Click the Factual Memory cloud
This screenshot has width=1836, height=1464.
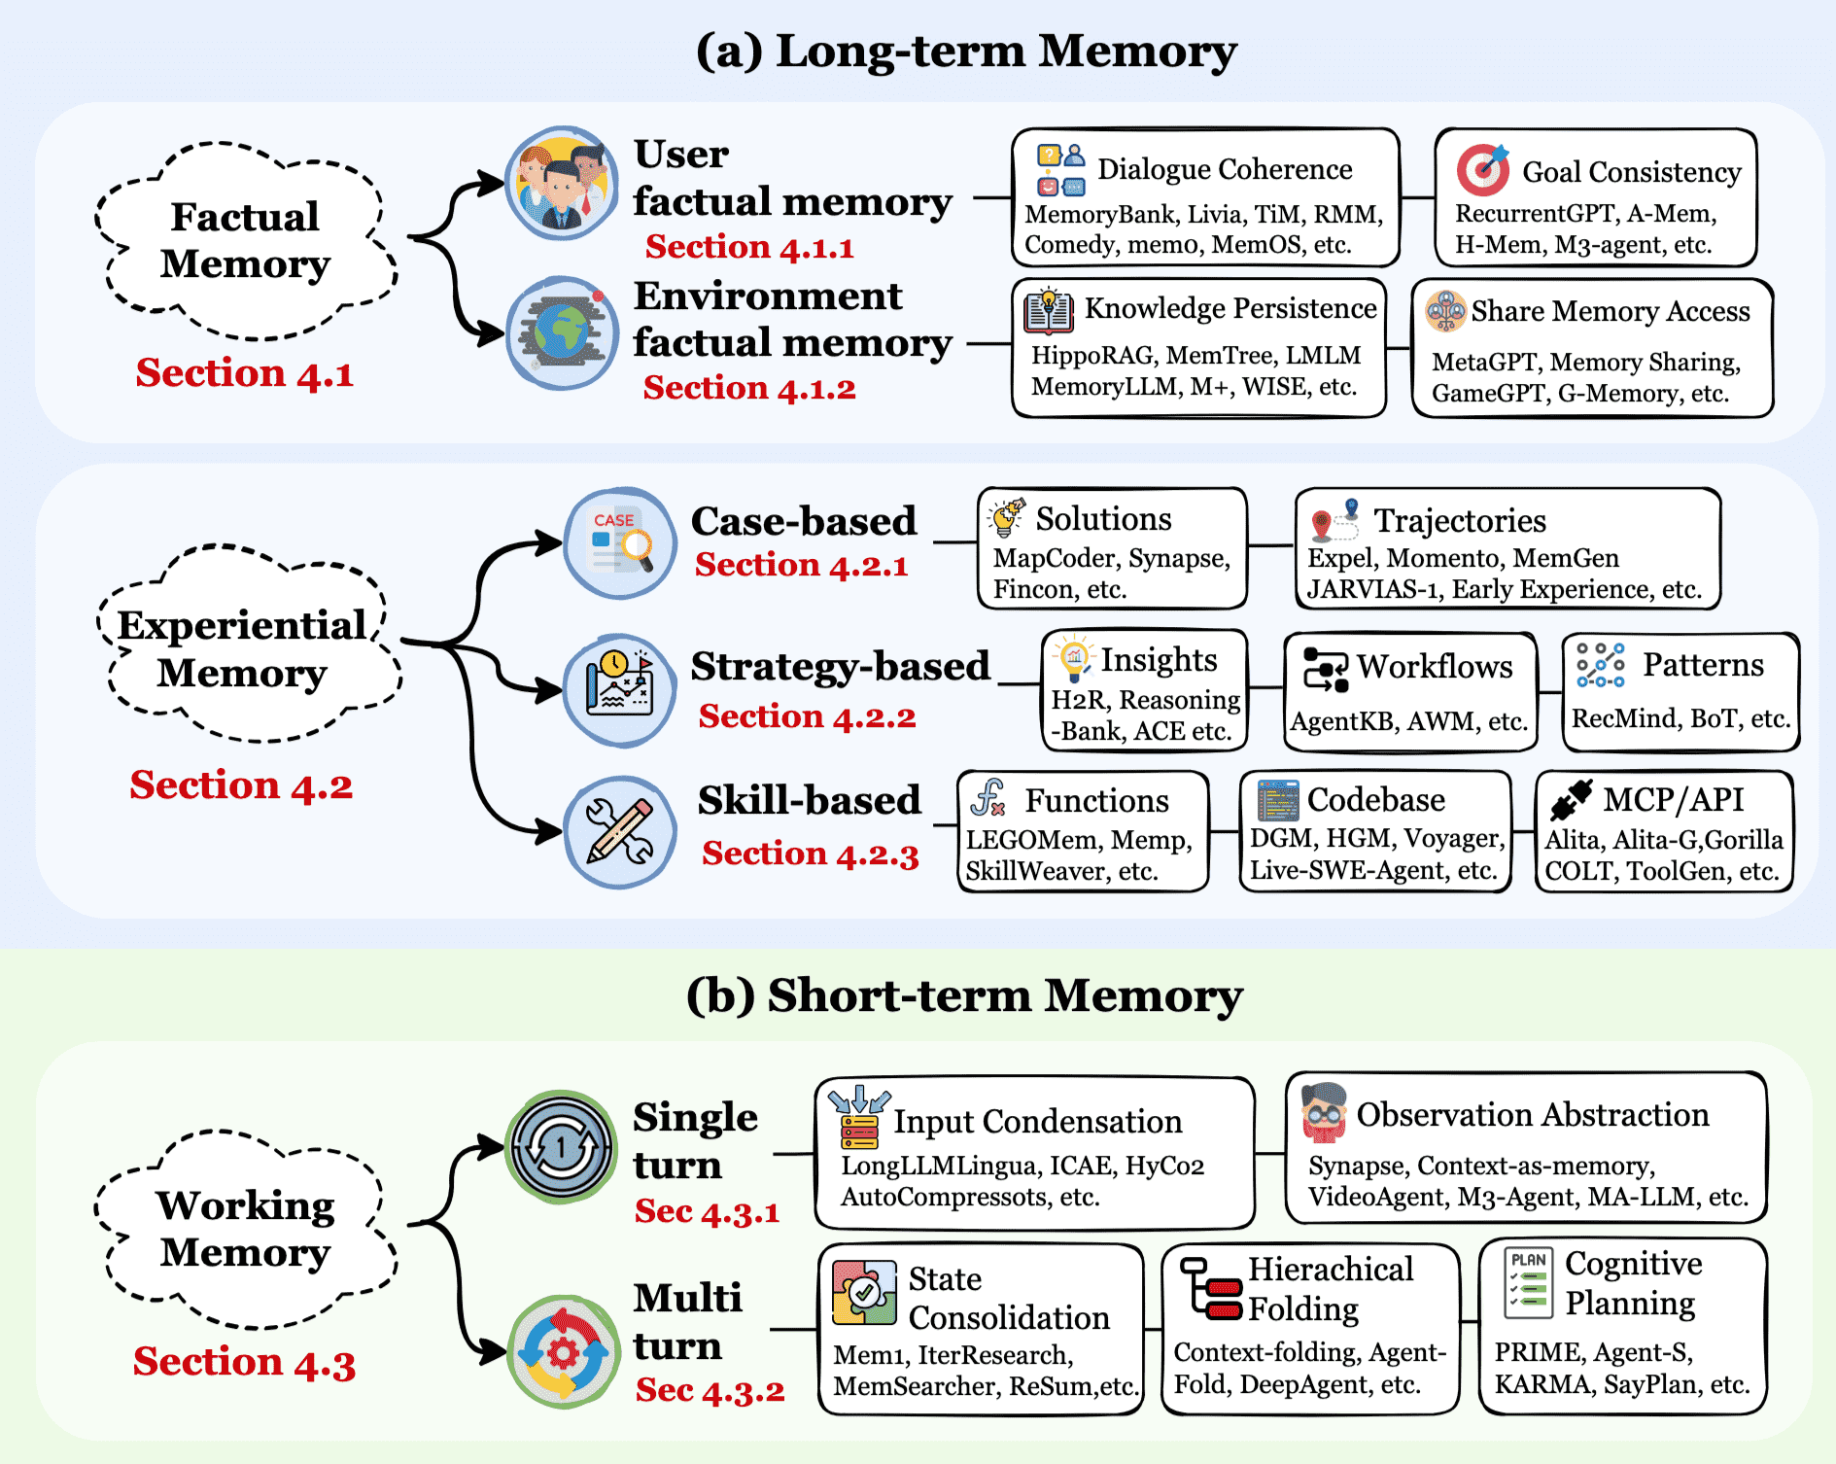click(x=246, y=240)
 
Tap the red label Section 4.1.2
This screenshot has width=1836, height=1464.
click(x=749, y=388)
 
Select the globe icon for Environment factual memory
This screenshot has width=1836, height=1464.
click(x=562, y=333)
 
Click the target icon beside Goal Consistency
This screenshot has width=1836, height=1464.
click(x=1481, y=169)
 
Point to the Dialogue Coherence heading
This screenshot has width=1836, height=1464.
click(x=1225, y=169)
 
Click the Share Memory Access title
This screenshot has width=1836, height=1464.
click(x=1610, y=311)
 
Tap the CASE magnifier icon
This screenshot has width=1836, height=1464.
click(x=620, y=542)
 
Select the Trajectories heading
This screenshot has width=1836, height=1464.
click(x=1459, y=521)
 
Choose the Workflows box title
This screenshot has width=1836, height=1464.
click(x=1435, y=667)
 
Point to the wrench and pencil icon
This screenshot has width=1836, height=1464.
click(x=620, y=832)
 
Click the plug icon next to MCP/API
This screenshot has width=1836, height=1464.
click(x=1571, y=800)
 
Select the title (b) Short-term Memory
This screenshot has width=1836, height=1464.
click(x=964, y=995)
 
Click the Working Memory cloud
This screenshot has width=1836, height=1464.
click(x=246, y=1229)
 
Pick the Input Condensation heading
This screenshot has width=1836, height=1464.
click(x=1037, y=1122)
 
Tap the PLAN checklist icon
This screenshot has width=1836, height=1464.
click(x=1529, y=1282)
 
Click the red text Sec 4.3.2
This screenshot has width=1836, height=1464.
click(x=710, y=1390)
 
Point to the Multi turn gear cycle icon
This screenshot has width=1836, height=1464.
click(x=563, y=1351)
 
